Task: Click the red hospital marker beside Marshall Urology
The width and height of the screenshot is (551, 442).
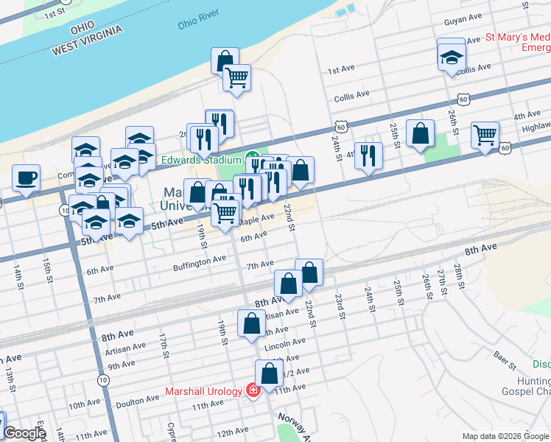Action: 253,391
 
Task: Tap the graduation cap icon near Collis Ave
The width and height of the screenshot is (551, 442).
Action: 452,56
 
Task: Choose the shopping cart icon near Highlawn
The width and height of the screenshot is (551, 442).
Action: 485,135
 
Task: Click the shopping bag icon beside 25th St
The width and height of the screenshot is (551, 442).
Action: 420,134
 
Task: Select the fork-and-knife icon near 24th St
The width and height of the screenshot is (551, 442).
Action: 368,155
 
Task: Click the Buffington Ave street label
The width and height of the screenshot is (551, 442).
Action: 200,261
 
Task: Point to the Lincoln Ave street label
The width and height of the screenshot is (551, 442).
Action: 288,343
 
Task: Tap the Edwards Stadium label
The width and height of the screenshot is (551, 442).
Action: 201,160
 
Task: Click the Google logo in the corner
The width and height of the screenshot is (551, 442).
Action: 24,433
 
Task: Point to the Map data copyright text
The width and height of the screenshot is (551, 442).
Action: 505,436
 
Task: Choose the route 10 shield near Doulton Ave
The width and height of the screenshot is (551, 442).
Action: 102,379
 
